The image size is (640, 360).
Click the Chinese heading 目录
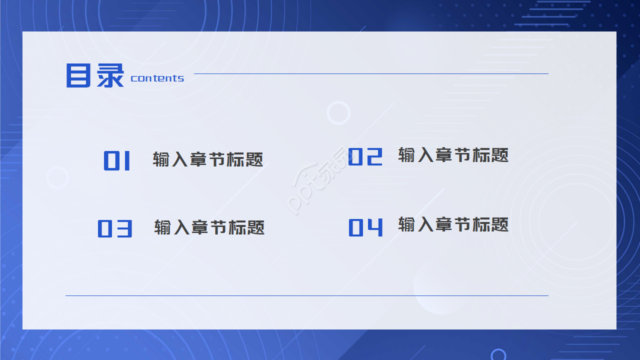click(x=95, y=76)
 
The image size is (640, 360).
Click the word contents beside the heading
click(x=157, y=78)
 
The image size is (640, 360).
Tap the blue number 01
click(x=117, y=161)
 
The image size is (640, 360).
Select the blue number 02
click(x=365, y=157)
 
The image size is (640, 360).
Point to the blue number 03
click(x=115, y=228)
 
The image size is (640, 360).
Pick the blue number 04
click(x=365, y=227)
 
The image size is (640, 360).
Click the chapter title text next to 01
click(x=208, y=159)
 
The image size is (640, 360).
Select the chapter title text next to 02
click(x=453, y=155)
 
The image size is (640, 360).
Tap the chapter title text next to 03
click(x=209, y=227)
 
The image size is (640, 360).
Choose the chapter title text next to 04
click(x=453, y=224)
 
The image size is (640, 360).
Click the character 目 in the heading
click(x=79, y=76)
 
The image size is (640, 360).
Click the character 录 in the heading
click(x=110, y=76)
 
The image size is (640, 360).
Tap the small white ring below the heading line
click(x=338, y=112)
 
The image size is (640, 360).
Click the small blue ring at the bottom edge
click(x=498, y=355)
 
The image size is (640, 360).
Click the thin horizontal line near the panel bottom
click(x=307, y=295)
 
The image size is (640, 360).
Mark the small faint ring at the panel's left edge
click(x=57, y=177)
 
